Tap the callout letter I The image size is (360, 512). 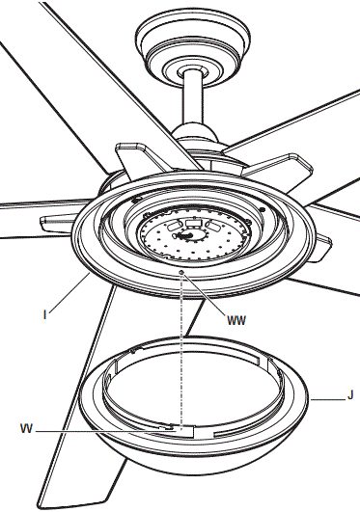click(x=45, y=312)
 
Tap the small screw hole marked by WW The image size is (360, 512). click(x=181, y=274)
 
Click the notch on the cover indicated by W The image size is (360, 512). click(x=173, y=425)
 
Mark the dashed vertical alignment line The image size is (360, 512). click(x=181, y=347)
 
